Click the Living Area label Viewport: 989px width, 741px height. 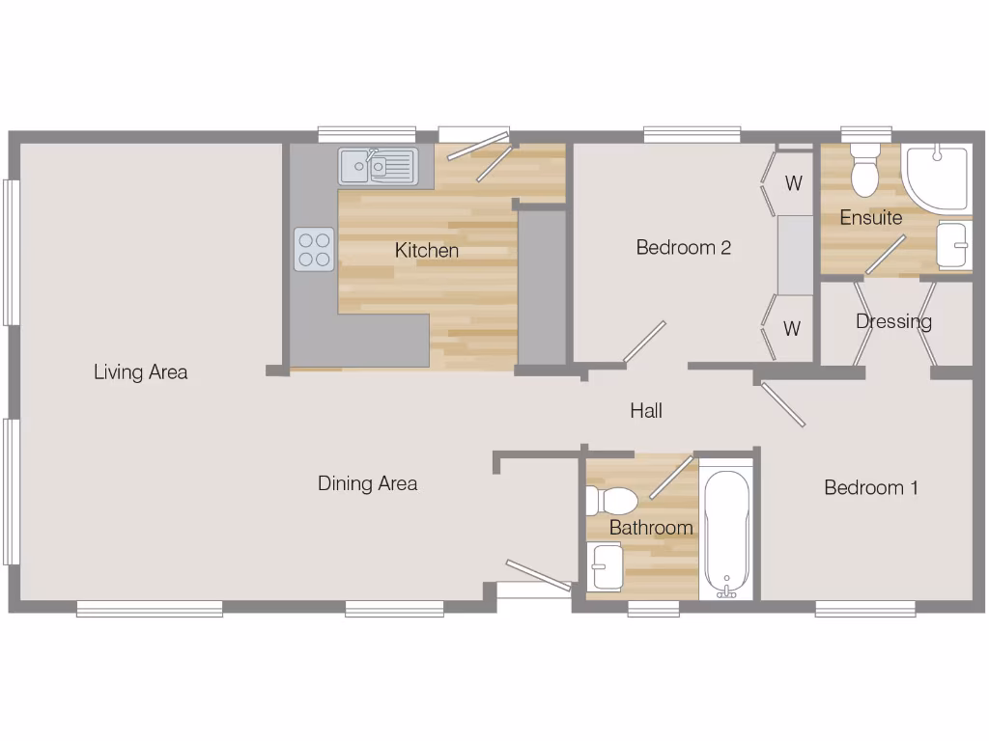[140, 372]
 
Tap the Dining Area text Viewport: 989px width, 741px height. [367, 483]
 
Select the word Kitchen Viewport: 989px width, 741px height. [426, 251]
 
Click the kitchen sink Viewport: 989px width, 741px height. [377, 166]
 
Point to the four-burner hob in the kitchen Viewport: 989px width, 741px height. [314, 249]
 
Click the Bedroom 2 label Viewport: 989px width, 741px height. [683, 248]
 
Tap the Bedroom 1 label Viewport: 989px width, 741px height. [870, 488]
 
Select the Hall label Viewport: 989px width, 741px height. [646, 411]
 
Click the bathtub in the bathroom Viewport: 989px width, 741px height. [726, 531]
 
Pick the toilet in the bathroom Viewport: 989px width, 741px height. [612, 501]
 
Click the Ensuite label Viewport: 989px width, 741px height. [870, 218]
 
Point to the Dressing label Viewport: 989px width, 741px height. [893, 321]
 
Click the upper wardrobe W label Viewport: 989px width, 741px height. [793, 183]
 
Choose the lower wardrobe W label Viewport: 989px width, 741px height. [792, 329]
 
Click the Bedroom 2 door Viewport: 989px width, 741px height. [644, 343]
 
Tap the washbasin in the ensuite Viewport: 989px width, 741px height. [953, 246]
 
